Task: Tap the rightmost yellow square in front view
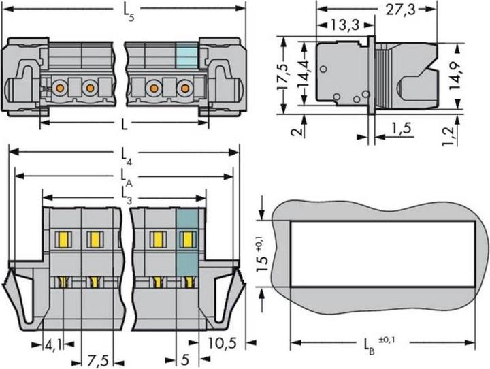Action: [186, 239]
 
